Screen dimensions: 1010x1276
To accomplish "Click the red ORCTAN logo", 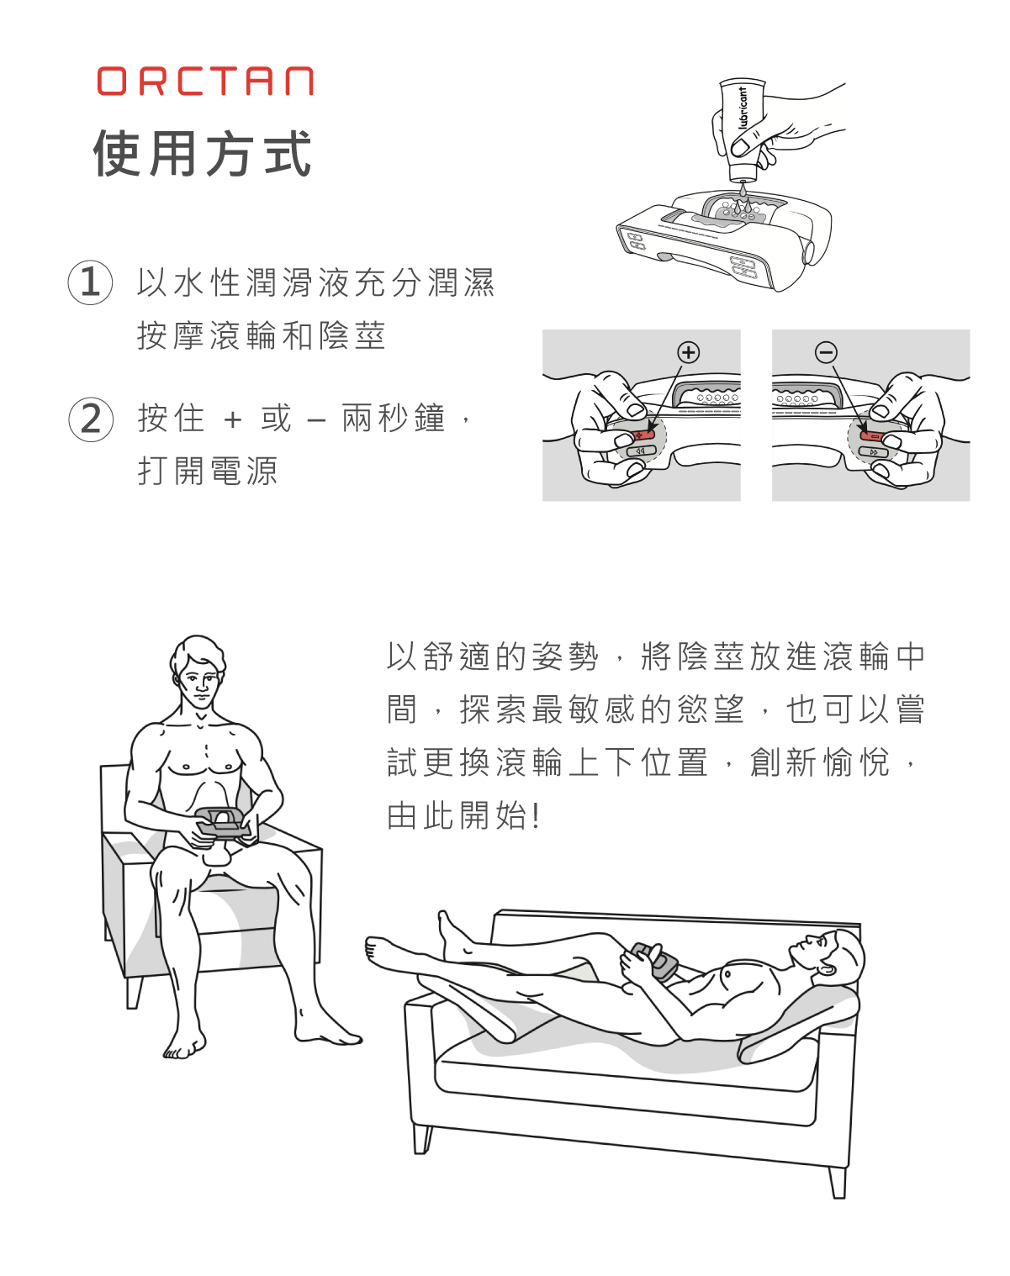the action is click(x=205, y=82).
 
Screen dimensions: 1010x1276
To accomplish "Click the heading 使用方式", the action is click(x=203, y=154).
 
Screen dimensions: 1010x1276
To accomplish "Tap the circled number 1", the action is click(x=90, y=282).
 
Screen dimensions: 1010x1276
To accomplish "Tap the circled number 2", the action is click(x=91, y=419).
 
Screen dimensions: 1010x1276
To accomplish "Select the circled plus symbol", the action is click(x=689, y=353).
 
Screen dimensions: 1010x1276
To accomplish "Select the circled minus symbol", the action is click(x=826, y=353).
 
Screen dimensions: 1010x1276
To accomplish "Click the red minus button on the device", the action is click(x=873, y=436).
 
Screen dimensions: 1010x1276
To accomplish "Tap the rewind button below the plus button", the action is click(x=641, y=451).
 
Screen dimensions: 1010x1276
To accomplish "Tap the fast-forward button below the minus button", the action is click(x=874, y=452).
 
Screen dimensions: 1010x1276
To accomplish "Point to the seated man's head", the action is click(x=198, y=673).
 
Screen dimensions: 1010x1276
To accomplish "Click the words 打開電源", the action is click(x=208, y=472).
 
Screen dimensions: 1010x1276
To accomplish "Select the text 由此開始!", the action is click(x=463, y=816).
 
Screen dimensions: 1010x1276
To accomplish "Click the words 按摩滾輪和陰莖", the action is click(x=262, y=335).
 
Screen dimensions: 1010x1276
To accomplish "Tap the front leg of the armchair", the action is click(x=134, y=992).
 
